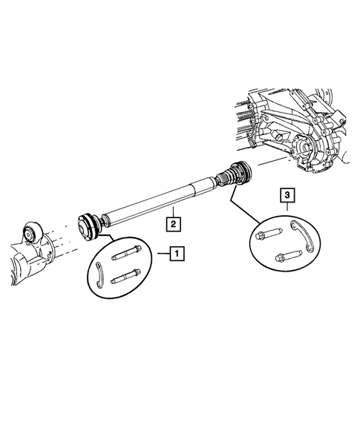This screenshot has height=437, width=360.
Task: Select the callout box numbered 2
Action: coord(172,222)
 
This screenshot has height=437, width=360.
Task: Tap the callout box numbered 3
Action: coord(287,195)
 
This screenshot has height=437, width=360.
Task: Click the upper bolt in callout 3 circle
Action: coord(270,237)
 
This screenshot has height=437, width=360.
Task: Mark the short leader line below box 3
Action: coord(287,207)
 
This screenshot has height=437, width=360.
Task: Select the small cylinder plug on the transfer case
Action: coord(279,135)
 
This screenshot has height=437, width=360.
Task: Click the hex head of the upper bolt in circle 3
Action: coord(261,236)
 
